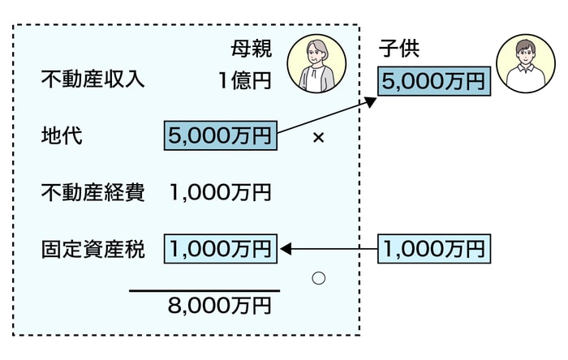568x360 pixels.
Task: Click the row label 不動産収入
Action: pyautogui.click(x=93, y=80)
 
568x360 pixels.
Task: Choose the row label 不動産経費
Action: pyautogui.click(x=93, y=193)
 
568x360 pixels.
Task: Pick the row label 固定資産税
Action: pyautogui.click(x=93, y=249)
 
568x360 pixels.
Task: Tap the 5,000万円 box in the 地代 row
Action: pyautogui.click(x=221, y=136)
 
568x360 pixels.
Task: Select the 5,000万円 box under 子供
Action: pyautogui.click(x=434, y=81)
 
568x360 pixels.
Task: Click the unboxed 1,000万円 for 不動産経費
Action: pyautogui.click(x=221, y=193)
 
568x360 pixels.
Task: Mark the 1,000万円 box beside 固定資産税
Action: pyautogui.click(x=221, y=249)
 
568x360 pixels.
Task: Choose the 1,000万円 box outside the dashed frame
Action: pyautogui.click(x=434, y=249)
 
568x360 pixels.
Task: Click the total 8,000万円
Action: pyautogui.click(x=219, y=306)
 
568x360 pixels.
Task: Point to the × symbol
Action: pyautogui.click(x=318, y=138)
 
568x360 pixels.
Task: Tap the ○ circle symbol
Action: pyautogui.click(x=318, y=278)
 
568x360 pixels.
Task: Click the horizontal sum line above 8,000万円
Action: pyautogui.click(x=204, y=290)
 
